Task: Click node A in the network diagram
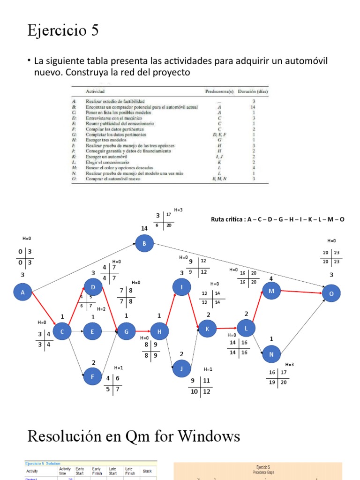(22, 293)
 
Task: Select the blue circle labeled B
(144, 243)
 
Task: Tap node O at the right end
(331, 293)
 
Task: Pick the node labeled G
(126, 332)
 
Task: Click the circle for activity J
(181, 368)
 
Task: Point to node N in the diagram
(271, 355)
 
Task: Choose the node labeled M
(271, 291)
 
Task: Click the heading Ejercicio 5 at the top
(63, 31)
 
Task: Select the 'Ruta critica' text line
(278, 219)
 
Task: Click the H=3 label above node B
(178, 210)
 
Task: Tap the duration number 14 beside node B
(144, 228)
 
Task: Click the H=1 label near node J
(208, 369)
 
